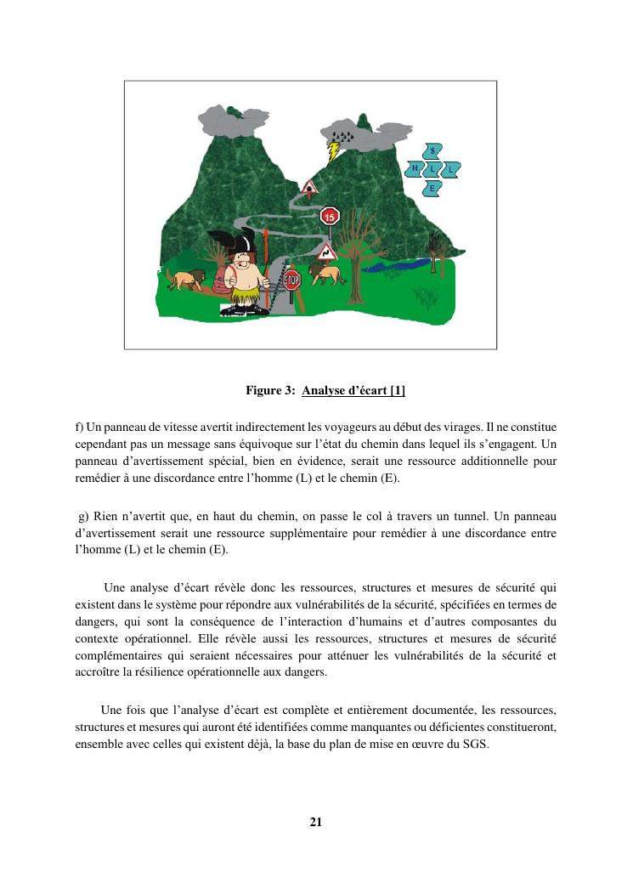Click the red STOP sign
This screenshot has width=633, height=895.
click(291, 280)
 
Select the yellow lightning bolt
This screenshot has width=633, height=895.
click(334, 151)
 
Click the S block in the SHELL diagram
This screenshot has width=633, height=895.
click(432, 151)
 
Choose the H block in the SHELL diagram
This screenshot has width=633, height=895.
click(415, 169)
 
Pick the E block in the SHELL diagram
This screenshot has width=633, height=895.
click(432, 187)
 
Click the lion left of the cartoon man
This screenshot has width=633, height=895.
click(185, 280)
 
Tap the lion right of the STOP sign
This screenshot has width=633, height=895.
click(325, 274)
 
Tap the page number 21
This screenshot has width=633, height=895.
click(316, 822)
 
